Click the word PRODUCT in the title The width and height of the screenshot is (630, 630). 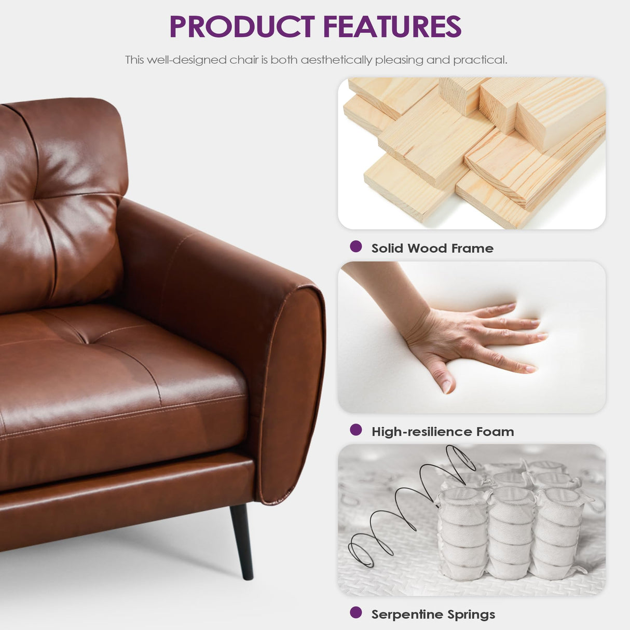pyautogui.click(x=242, y=27)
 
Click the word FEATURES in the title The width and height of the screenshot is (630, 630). pyautogui.click(x=392, y=27)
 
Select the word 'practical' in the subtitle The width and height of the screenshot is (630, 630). pyautogui.click(x=480, y=60)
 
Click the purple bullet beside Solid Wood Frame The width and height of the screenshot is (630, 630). pyautogui.click(x=356, y=246)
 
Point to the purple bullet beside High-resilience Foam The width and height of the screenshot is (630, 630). pyautogui.click(x=356, y=430)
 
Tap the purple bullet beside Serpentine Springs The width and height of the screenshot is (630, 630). pyautogui.click(x=356, y=612)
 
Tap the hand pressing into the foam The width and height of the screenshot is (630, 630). pyautogui.click(x=467, y=337)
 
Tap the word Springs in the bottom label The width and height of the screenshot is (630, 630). pyautogui.click(x=471, y=615)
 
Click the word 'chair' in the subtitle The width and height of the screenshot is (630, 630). pyautogui.click(x=244, y=60)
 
